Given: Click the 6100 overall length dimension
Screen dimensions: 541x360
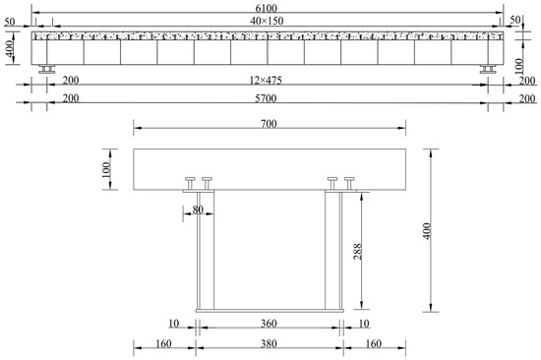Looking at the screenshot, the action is pos(266,8).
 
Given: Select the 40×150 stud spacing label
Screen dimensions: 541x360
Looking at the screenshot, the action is pos(267,21).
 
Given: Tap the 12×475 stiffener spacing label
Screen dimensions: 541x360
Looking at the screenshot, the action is pos(266,81).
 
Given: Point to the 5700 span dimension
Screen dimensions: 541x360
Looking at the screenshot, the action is pos(266,98).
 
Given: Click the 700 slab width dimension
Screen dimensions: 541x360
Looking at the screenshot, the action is pos(269,124).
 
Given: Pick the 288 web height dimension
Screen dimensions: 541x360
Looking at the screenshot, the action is pos(358,252).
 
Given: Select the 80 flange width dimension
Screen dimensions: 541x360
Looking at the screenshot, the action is pos(198,210).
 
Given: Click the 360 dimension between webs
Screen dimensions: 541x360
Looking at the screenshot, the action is pos(269,324).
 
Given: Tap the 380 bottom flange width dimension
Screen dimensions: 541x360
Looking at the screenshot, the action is pos(269,344).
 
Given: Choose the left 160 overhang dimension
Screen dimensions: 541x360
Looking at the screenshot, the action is pos(163,344).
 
